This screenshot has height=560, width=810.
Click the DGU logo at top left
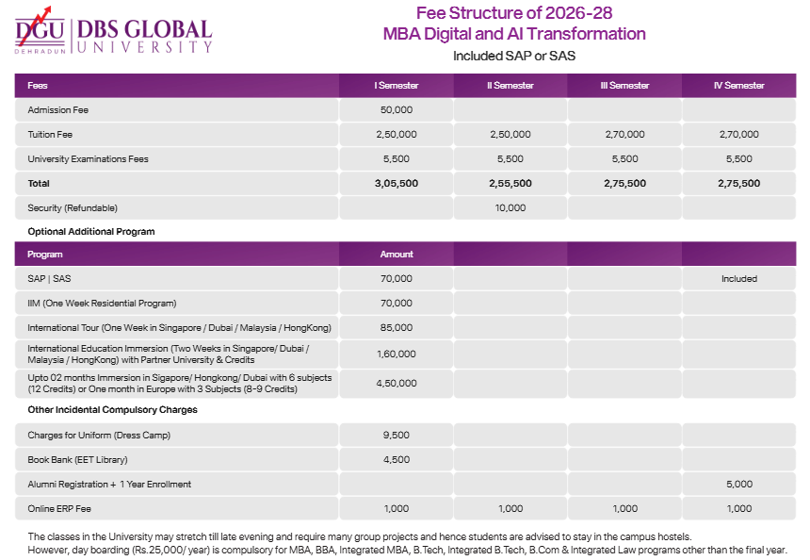[40, 33]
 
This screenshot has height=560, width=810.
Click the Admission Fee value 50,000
[396, 110]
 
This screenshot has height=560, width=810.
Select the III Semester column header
[624, 86]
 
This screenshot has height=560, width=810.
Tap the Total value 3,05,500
[396, 184]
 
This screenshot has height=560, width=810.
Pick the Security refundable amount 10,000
[510, 207]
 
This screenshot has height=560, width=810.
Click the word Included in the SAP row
[738, 279]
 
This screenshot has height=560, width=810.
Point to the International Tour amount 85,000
[396, 328]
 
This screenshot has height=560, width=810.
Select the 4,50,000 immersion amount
[396, 384]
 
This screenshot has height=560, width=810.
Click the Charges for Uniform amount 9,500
[396, 436]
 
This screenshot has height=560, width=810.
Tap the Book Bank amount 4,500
[396, 460]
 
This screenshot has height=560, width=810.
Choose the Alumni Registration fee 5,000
[738, 485]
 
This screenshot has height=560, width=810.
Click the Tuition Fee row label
[50, 135]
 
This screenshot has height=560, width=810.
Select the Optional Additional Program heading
[90, 231]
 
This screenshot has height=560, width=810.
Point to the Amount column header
[396, 255]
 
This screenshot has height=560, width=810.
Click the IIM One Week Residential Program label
[102, 304]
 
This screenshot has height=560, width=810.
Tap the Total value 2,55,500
[510, 184]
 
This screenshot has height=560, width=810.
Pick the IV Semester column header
[738, 86]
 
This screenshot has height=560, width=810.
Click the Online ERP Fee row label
[60, 509]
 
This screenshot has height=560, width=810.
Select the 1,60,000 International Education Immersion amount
[396, 354]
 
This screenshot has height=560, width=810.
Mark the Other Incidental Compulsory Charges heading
[112, 410]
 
